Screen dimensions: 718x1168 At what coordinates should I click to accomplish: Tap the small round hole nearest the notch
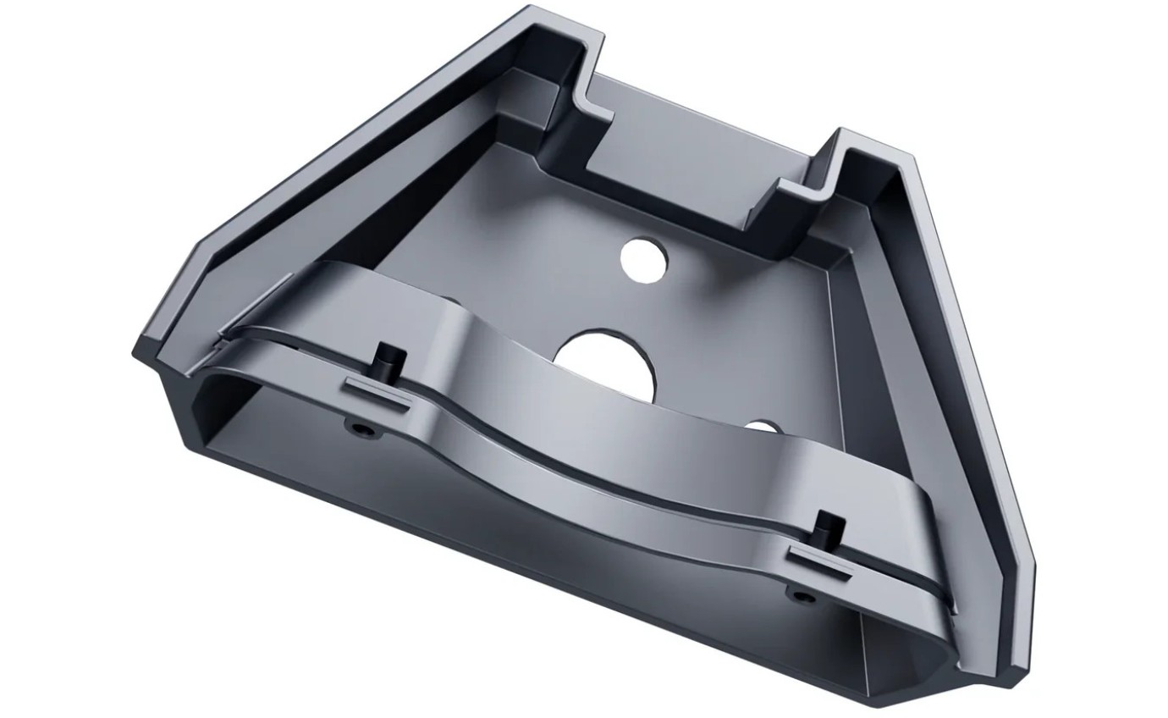(x=645, y=257)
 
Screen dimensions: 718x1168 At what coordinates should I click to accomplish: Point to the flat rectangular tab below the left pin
(x=377, y=394)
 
